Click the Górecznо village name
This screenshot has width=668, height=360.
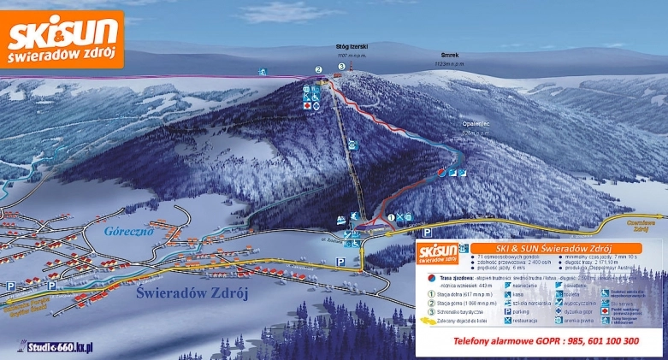pos(128,231)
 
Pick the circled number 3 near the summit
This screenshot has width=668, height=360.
pos(341,66)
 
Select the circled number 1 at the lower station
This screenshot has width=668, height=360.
pos(392,217)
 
